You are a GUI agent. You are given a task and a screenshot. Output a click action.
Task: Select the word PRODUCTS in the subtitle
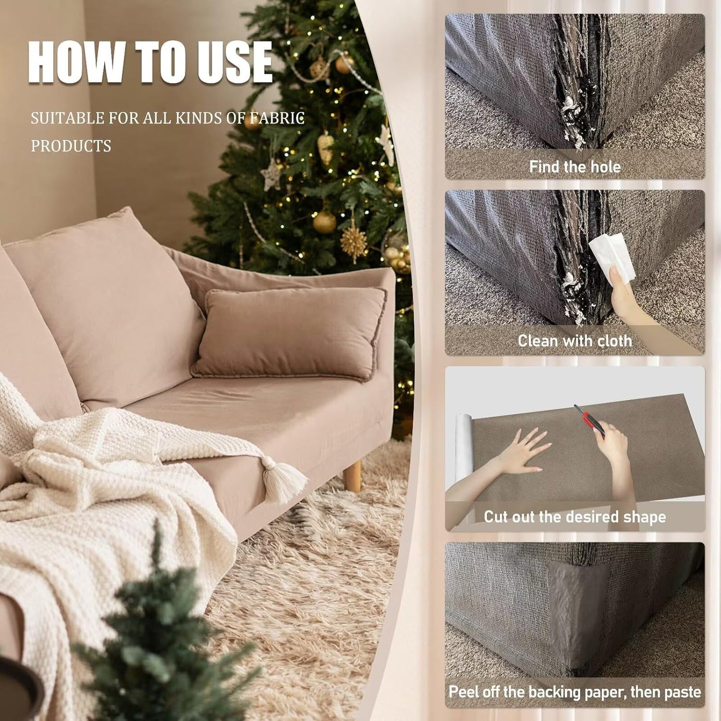pos(71,146)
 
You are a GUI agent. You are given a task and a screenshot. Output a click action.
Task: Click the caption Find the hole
pos(575,167)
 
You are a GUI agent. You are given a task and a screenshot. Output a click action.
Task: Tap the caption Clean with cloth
pos(575,340)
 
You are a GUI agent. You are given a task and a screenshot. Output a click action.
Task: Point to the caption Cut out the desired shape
pos(575,517)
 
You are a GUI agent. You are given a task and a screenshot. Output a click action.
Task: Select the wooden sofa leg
pos(352,476)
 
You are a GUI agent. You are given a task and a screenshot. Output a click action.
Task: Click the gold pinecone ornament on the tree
pos(325,148)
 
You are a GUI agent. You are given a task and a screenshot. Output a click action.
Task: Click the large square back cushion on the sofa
pos(105,307)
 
